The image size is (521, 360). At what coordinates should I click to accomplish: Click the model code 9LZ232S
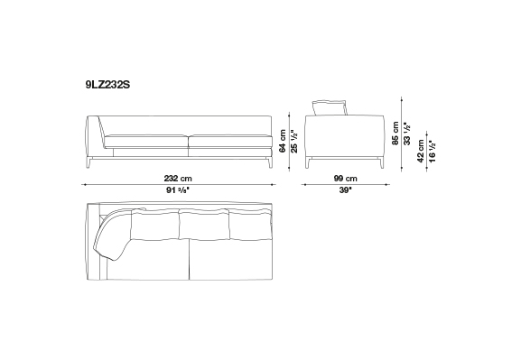point(107,85)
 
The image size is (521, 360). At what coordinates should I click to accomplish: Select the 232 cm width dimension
point(178,179)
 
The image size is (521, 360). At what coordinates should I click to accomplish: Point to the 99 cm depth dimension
point(345,179)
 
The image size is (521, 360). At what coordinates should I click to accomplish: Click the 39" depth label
point(345,190)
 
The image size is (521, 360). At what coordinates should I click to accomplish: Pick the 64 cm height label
point(283,141)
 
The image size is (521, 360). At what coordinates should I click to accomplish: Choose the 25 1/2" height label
point(294,141)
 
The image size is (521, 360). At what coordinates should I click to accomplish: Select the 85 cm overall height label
point(395,134)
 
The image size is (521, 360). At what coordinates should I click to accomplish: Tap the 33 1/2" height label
point(407,134)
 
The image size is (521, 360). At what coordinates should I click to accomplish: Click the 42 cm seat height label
point(421,151)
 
